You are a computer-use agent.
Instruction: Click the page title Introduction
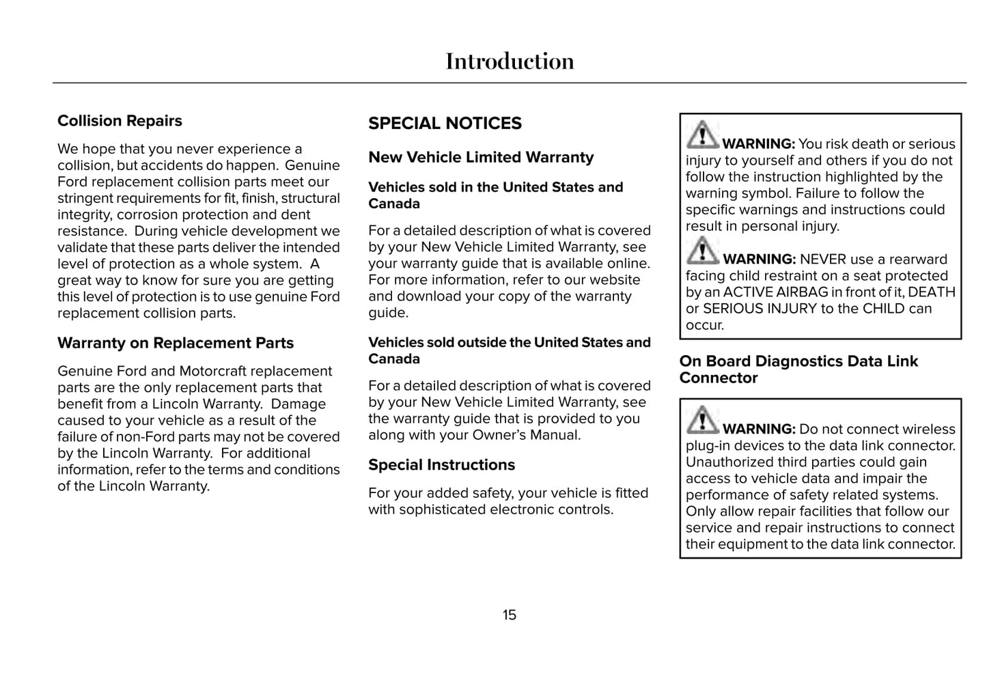click(x=510, y=61)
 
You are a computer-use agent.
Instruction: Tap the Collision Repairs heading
click(x=120, y=121)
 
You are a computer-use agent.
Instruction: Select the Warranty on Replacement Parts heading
click(x=176, y=343)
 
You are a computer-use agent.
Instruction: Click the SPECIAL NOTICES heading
click(x=445, y=124)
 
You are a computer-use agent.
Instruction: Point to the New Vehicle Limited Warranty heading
click(x=481, y=158)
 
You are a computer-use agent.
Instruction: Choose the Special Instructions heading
click(x=441, y=465)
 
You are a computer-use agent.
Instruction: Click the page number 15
click(x=510, y=615)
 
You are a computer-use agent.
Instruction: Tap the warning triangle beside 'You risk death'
click(x=702, y=135)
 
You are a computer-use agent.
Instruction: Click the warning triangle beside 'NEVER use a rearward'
click(x=702, y=250)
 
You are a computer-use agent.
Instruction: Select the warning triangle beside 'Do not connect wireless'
click(x=702, y=419)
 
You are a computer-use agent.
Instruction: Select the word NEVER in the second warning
click(x=822, y=260)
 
